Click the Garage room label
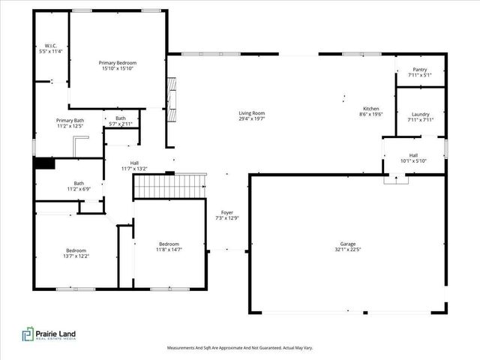coord(347,245)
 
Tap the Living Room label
coord(252,113)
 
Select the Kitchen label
coord(371,109)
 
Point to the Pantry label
coord(420,69)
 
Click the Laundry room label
coord(420,114)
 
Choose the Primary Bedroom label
coord(118,63)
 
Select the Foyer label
coord(226,213)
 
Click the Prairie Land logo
coord(49,334)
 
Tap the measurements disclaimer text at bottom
coord(240,348)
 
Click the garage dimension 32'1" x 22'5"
coord(347,250)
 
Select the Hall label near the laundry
coord(413,155)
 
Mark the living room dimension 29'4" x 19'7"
coord(252,118)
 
